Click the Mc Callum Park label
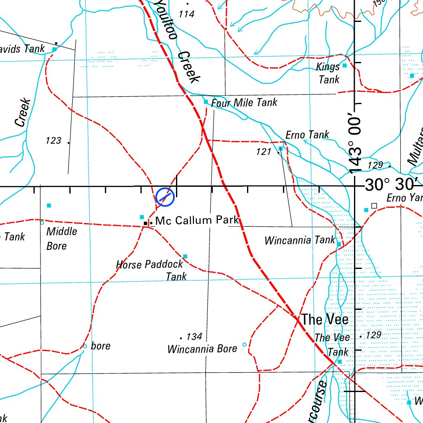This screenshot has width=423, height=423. (x=197, y=221)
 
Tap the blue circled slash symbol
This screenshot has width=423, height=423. (x=165, y=197)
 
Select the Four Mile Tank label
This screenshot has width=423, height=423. (x=244, y=102)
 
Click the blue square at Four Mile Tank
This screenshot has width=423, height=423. (x=206, y=102)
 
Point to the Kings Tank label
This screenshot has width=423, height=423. (x=329, y=73)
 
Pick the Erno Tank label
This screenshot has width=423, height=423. (x=307, y=135)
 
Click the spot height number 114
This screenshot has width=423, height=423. (x=186, y=14)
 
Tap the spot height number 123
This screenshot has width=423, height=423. (x=54, y=141)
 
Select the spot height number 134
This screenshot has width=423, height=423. (x=194, y=337)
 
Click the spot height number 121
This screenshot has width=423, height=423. (x=264, y=152)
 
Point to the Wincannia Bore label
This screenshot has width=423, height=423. (x=202, y=349)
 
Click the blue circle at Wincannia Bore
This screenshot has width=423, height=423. (x=244, y=345)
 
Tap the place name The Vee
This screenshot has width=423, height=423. (x=325, y=319)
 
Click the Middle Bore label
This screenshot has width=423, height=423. (x=62, y=238)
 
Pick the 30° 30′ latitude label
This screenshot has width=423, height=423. (x=392, y=185)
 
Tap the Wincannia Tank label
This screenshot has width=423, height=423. (x=300, y=240)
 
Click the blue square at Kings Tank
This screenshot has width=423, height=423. (x=345, y=65)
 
